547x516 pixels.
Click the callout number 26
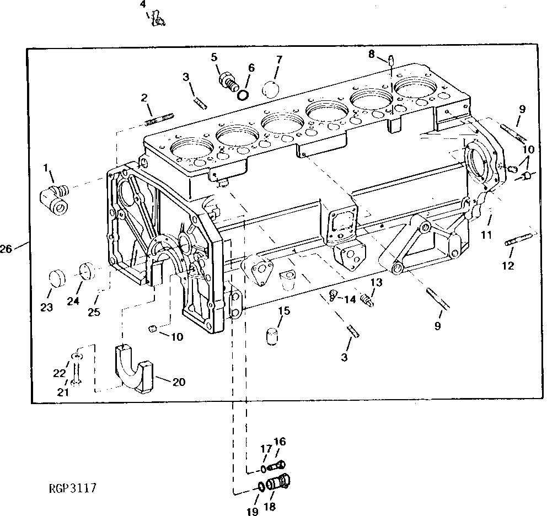(6, 249)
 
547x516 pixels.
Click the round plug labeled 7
(271, 89)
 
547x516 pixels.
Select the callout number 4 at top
(143, 4)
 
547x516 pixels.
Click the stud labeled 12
(518, 240)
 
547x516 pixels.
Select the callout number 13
(376, 282)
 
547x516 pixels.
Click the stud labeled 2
(159, 119)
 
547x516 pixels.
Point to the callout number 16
(280, 442)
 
